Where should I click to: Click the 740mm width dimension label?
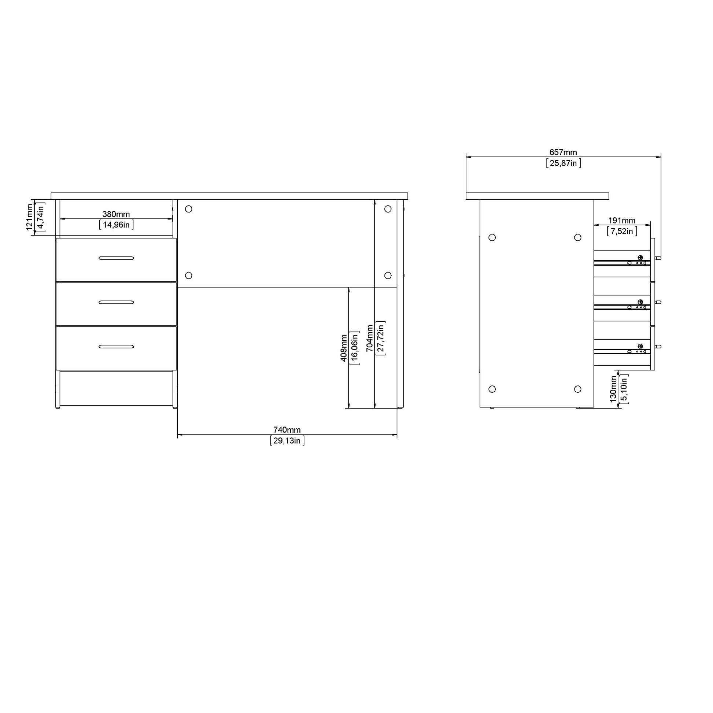coord(287,429)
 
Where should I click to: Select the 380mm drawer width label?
coord(116,214)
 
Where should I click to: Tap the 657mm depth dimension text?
coord(563,152)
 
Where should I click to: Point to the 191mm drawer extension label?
coord(622,220)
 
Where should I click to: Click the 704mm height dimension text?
coord(370,338)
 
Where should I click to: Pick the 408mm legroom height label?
coord(344,348)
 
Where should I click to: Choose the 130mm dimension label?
coord(613,389)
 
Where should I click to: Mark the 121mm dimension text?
coord(30,217)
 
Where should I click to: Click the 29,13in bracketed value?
coord(287,441)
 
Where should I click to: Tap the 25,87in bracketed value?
coord(564,163)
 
